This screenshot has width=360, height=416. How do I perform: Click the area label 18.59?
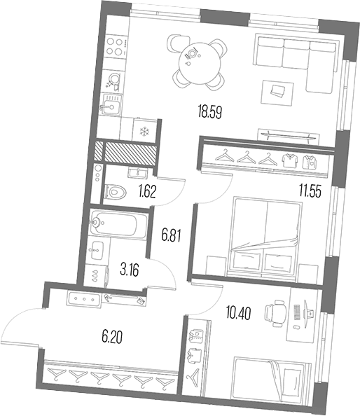pos(209,112)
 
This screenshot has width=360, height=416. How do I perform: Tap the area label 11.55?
pos(310,191)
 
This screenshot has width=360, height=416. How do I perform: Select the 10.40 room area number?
pos(238,313)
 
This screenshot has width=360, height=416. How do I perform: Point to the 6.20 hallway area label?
pos(112,337)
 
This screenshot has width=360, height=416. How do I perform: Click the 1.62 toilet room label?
pos(147,192)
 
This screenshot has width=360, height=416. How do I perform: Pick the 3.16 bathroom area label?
pos(130,270)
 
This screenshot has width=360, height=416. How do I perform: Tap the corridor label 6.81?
pos(172,235)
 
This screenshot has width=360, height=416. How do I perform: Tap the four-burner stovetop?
pos(116,47)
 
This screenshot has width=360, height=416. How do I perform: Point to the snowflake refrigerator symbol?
pos(145,131)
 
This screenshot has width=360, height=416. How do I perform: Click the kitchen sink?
pos(111,105)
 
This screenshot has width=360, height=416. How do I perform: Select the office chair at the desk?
pos(275,313)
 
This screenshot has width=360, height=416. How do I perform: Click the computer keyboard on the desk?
pos(296,312)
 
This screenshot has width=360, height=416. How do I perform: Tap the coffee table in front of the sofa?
pos(277,92)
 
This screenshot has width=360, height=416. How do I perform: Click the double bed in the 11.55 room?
pos(265,237)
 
